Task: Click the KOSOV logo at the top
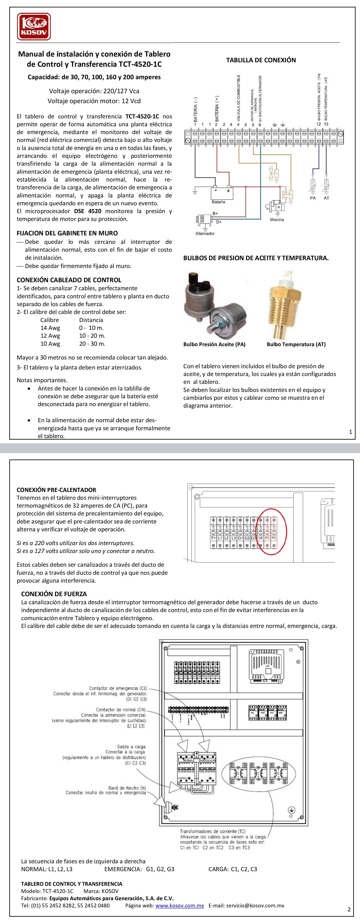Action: pos(34,26)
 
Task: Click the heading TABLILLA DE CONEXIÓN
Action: pos(261,60)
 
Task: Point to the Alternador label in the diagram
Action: pos(205,233)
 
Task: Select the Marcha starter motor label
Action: pos(277,219)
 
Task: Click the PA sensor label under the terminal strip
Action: pos(313,198)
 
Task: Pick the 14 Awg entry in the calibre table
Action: pos(50,328)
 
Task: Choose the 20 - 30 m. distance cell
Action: pos(92,344)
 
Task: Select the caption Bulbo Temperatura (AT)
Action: pos(296,344)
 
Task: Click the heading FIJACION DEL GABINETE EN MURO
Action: pos(67,233)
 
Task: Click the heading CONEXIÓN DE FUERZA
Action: pos(54,594)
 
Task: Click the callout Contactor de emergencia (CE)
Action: pos(118,688)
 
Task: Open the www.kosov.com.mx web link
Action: pos(180,905)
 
